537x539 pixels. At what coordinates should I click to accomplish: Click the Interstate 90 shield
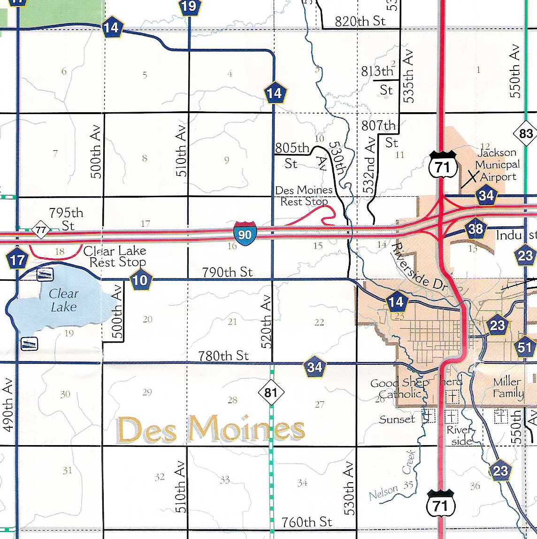point(245,233)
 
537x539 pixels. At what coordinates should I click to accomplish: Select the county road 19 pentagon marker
point(189,6)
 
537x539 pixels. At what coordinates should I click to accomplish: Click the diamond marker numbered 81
point(271,393)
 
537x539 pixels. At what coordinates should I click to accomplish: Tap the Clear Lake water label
point(63,300)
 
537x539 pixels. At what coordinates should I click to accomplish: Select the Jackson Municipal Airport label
point(497,165)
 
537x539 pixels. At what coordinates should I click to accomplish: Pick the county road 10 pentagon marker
point(140,280)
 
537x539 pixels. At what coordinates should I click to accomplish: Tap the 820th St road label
point(360,22)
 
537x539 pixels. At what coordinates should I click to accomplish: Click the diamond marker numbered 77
point(41,230)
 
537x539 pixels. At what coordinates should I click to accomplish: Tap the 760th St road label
point(307,522)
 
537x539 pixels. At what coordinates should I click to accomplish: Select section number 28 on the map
point(232,400)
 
